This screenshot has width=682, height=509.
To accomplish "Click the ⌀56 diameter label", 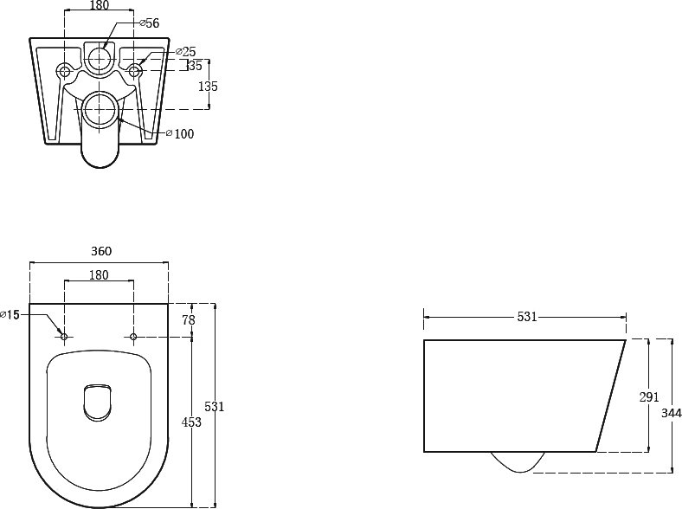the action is coord(149,23).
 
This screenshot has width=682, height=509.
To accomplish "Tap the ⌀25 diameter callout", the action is coord(186,52).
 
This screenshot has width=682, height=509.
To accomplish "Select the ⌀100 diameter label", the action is coord(180,133).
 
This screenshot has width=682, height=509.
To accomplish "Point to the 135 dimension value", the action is coord(208,87).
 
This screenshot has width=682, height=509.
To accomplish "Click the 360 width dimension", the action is coord(101,251).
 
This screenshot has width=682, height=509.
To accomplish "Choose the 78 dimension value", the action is coord(189,320).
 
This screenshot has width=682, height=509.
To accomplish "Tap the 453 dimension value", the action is coord(191,422).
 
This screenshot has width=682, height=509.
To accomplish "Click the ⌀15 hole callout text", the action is coord(10,314).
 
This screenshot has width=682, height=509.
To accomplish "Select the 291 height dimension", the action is coord(649,396).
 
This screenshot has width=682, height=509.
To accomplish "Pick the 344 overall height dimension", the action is coord(672,413).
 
